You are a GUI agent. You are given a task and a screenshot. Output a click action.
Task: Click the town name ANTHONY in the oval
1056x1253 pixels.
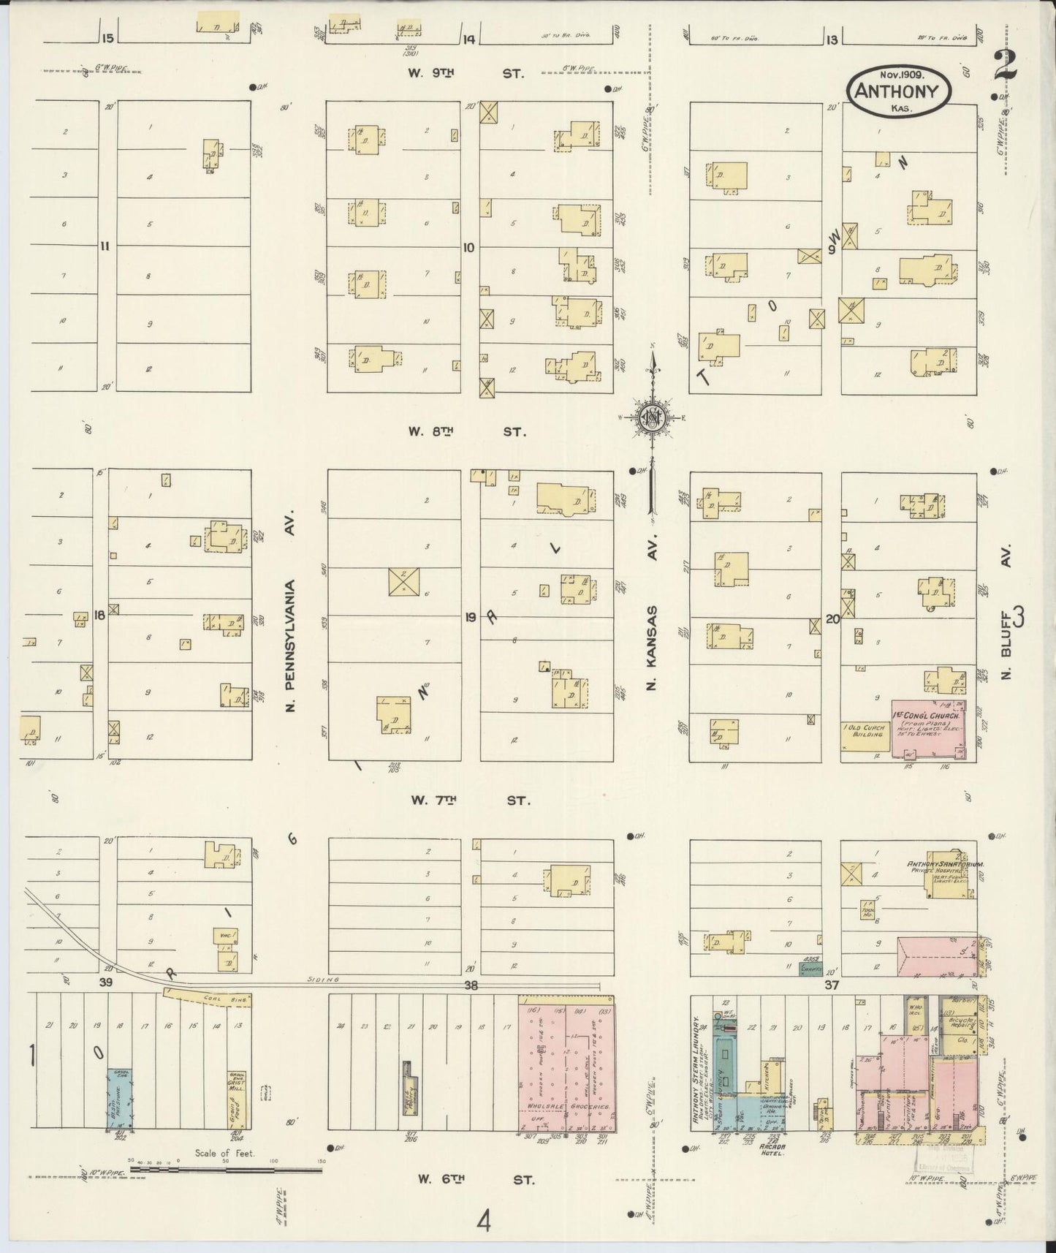tap(900, 91)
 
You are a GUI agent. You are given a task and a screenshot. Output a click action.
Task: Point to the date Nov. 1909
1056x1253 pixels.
tap(900, 75)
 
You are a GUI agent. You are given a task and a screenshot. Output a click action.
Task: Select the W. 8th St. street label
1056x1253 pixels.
tap(467, 432)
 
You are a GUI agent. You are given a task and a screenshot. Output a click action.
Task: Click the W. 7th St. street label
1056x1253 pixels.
tap(468, 800)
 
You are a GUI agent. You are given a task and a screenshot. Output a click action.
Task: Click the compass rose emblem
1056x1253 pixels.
tap(650, 418)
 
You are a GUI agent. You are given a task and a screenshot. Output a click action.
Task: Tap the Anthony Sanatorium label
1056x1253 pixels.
tap(946, 864)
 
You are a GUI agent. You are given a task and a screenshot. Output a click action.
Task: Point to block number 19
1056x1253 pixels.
tap(470, 618)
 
